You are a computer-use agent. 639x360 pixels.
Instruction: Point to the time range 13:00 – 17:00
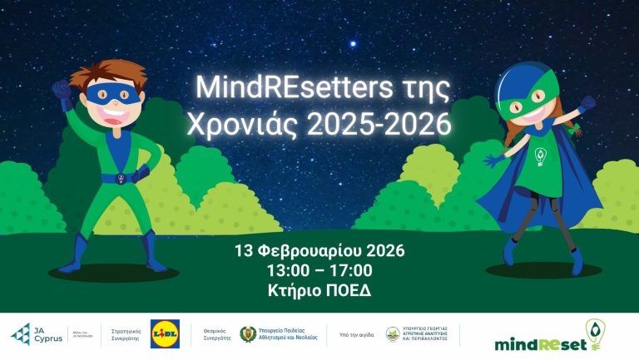[319, 271]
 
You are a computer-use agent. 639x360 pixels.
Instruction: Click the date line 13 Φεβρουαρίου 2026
[319, 250]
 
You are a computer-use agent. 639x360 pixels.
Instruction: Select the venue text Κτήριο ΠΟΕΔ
[319, 292]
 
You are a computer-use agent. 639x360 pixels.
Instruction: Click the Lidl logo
[165, 333]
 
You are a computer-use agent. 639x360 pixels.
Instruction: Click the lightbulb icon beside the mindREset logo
[597, 332]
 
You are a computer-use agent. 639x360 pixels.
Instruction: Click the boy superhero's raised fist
[61, 86]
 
